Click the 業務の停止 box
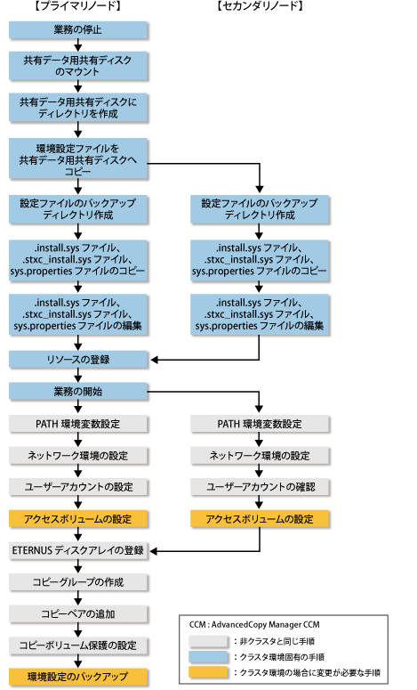click(x=77, y=30)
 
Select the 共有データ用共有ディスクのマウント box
click(x=77, y=66)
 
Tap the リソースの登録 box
click(x=77, y=360)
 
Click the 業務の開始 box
click(x=77, y=391)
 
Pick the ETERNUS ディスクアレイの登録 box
click(x=77, y=550)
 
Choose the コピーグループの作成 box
click(x=77, y=582)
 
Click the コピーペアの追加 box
click(x=77, y=613)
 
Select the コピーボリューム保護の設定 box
click(x=77, y=645)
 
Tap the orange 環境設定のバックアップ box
click(x=77, y=677)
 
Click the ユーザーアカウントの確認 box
click(x=260, y=487)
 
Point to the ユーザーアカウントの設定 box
click(x=77, y=487)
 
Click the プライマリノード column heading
click(x=77, y=6)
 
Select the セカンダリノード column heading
click(x=260, y=6)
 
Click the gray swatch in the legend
click(x=208, y=641)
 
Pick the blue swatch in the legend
click(x=208, y=657)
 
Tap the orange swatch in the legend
click(x=208, y=672)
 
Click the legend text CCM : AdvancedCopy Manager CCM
click(x=254, y=625)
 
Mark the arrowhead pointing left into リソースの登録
click(x=155, y=360)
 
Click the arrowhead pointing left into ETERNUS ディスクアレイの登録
click(x=155, y=551)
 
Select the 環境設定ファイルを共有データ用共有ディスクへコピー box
click(x=77, y=158)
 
